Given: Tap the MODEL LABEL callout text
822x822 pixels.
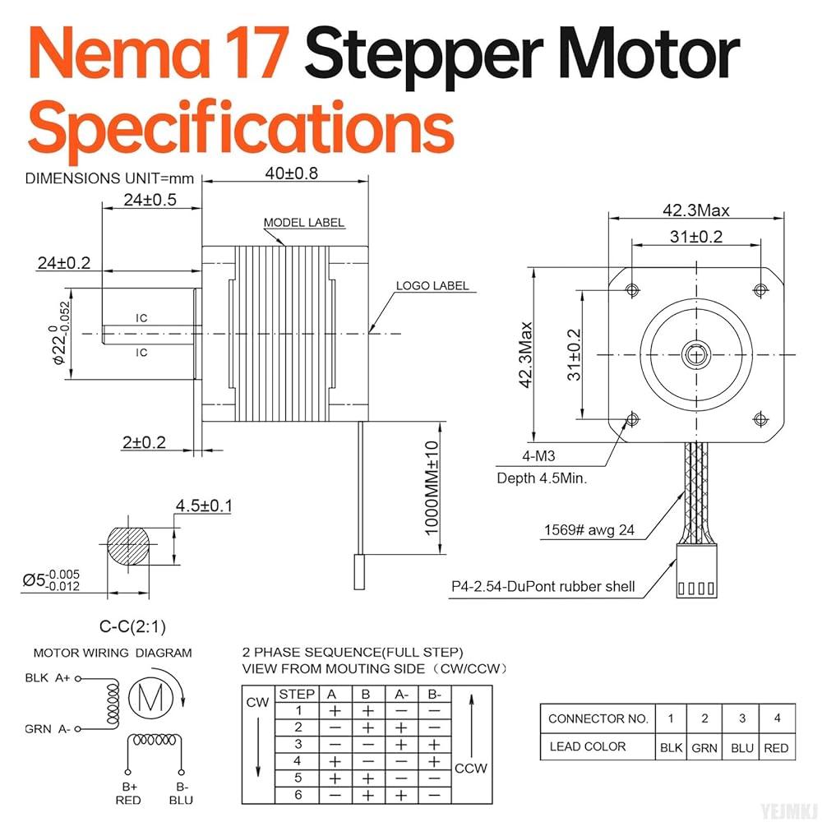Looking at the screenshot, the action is pyautogui.click(x=303, y=223).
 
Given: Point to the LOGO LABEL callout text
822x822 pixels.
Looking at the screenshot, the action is pyautogui.click(x=432, y=286).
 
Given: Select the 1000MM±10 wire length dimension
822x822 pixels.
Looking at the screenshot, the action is pyautogui.click(x=433, y=487).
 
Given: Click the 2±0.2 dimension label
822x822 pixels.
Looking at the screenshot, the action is pyautogui.click(x=144, y=442).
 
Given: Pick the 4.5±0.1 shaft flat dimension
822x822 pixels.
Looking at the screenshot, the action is pyautogui.click(x=203, y=506).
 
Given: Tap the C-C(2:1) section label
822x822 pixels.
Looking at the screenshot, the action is pyautogui.click(x=132, y=627).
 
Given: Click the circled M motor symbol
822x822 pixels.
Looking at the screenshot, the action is pyautogui.click(x=150, y=698).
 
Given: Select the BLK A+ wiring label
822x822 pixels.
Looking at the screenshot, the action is pyautogui.click(x=48, y=679).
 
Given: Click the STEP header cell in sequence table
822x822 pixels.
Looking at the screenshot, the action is pyautogui.click(x=297, y=694).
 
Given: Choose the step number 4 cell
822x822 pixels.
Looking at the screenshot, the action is pyautogui.click(x=298, y=760).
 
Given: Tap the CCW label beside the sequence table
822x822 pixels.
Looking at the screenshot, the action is pyautogui.click(x=470, y=768).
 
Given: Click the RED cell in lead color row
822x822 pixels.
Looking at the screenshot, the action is pyautogui.click(x=776, y=747).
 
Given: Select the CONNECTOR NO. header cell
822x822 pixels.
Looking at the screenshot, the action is pyautogui.click(x=598, y=718).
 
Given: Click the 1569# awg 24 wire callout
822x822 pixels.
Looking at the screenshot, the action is pyautogui.click(x=589, y=530).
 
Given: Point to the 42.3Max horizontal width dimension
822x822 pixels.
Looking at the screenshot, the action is pyautogui.click(x=696, y=210).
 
